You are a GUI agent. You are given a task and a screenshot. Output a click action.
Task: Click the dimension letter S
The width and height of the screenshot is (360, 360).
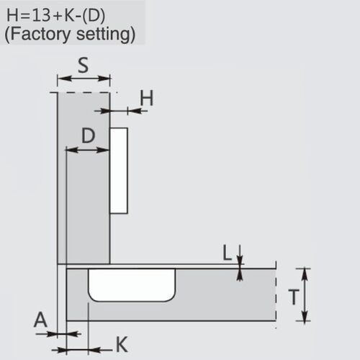(83, 66)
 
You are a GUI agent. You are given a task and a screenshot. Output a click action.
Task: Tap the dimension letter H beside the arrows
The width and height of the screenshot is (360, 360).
(147, 98)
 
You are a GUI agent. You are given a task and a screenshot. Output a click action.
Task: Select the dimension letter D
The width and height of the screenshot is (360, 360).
(87, 135)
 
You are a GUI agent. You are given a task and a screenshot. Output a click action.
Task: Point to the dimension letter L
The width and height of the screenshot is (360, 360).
(228, 251)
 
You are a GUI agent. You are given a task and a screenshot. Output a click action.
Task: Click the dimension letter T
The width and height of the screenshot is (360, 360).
(294, 296)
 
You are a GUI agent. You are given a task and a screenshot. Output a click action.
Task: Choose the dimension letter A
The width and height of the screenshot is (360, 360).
(41, 319)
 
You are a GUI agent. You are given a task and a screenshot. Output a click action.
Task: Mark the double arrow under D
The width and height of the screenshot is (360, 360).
(87, 149)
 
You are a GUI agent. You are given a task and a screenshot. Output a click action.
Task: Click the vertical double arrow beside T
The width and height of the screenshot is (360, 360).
(306, 296)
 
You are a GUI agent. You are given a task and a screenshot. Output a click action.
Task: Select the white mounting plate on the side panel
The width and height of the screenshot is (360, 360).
(120, 169)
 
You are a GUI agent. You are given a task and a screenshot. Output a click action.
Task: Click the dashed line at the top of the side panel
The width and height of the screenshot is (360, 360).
(83, 92)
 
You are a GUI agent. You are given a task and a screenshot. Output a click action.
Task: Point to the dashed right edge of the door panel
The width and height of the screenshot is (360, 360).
(276, 296)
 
